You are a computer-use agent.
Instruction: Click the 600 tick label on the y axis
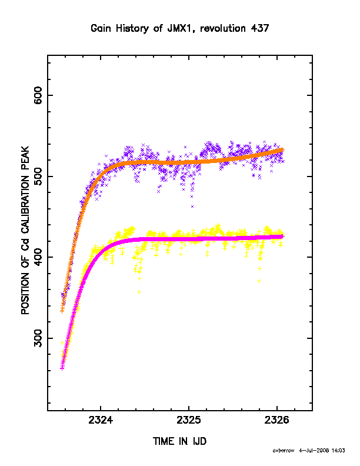[x=38, y=95]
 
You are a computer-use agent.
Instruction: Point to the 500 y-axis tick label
[x=38, y=177]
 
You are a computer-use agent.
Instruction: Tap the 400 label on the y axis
[x=38, y=257]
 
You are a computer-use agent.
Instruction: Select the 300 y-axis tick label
[x=38, y=338]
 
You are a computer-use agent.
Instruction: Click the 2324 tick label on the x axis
[x=101, y=420]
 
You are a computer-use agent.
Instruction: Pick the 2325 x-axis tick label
[x=189, y=420]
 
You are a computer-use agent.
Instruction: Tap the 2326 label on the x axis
[x=277, y=420]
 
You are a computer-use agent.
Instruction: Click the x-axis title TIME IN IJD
[x=179, y=441]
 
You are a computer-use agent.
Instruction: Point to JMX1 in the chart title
[x=182, y=28]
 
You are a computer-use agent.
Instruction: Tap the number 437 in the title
[x=260, y=28]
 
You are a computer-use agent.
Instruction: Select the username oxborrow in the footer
[x=284, y=451]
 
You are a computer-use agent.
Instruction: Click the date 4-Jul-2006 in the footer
[x=314, y=451]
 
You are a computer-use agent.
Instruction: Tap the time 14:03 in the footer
[x=338, y=451]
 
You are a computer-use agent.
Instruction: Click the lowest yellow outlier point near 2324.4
[x=139, y=292]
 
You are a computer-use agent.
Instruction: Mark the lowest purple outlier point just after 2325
[x=192, y=207]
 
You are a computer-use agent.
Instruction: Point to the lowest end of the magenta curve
[x=62, y=368]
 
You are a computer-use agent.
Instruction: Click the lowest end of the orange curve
[x=62, y=311]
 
